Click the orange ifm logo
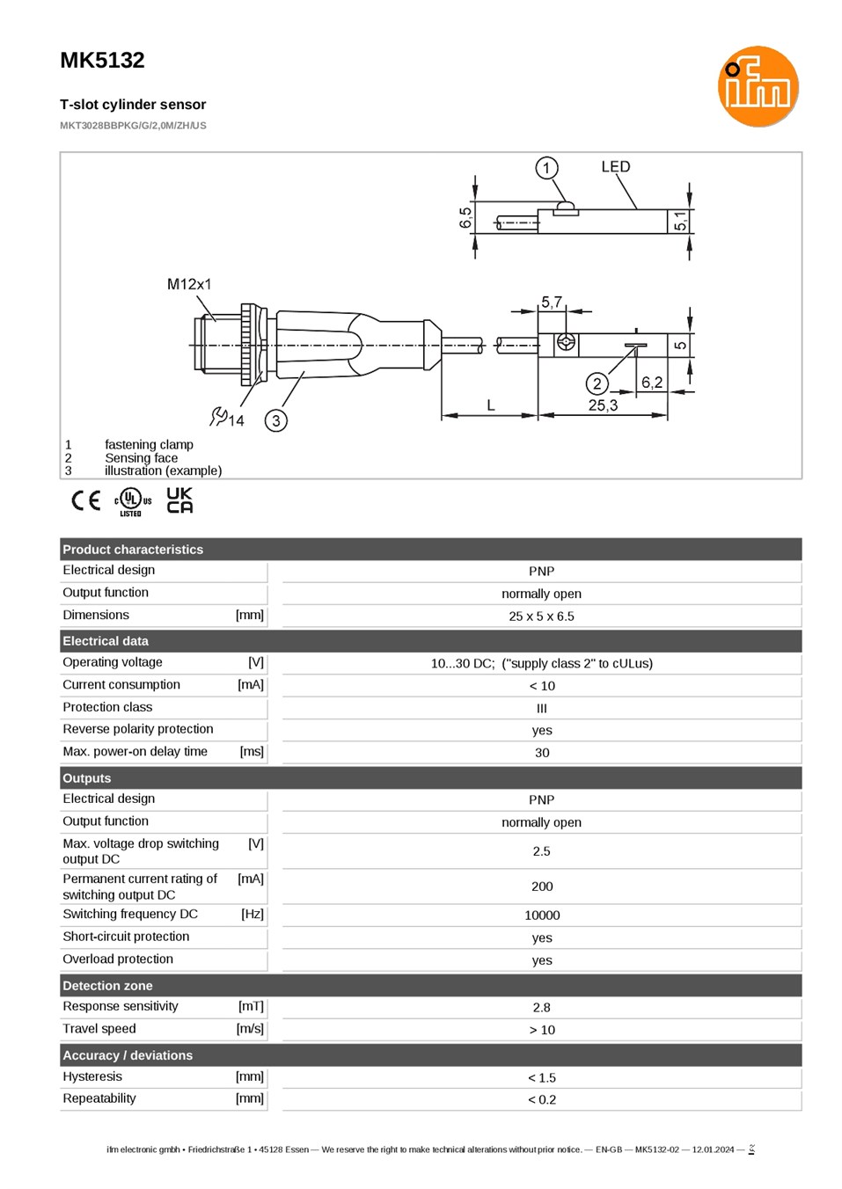758,86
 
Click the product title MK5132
102,61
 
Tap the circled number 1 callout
546,168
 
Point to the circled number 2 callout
597,383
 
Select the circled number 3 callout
275,420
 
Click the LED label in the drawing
615,167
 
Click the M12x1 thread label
189,285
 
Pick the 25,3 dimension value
603,405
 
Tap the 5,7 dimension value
551,302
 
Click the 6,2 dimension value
651,383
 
